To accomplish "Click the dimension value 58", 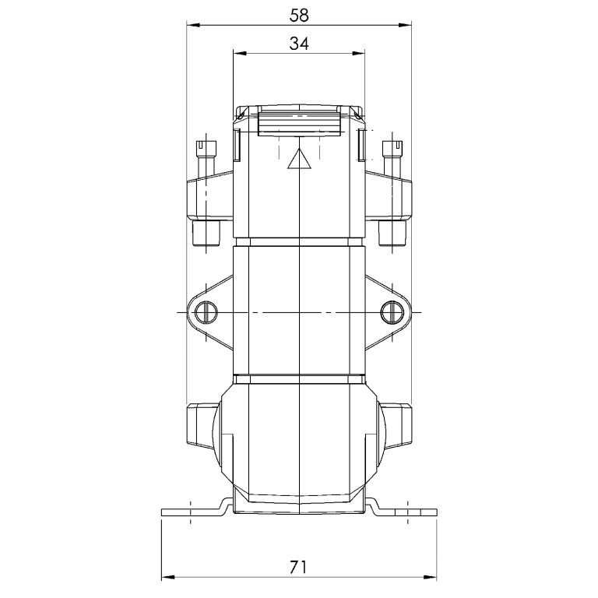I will click(299, 14).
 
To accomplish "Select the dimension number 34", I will click(299, 44).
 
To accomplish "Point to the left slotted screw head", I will click(206, 312).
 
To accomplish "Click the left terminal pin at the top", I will click(206, 151).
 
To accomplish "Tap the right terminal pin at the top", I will click(392, 151).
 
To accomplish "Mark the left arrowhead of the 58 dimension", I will click(191, 26).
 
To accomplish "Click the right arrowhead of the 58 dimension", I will click(407, 26).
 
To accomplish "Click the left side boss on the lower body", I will click(201, 424).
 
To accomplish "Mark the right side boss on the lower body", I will click(397, 424).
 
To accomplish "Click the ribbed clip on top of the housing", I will click(299, 122).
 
